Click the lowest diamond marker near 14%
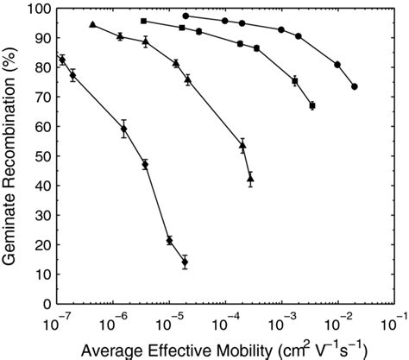tap(184, 262)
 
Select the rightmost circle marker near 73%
tap(355, 86)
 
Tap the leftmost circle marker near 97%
tap(186, 16)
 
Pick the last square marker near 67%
tap(312, 105)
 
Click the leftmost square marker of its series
tap(143, 21)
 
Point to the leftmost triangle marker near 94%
tap(92, 24)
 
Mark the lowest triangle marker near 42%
tap(250, 179)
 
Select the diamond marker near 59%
tap(124, 129)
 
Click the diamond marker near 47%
tap(145, 164)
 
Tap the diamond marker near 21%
tap(169, 240)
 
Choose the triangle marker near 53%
tap(242, 146)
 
